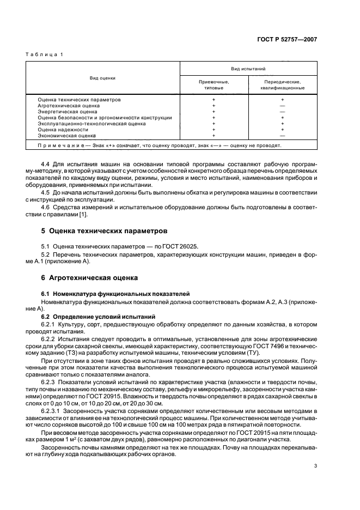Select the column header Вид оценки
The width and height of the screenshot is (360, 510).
tap(103, 78)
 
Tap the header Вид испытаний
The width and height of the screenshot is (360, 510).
tap(248, 69)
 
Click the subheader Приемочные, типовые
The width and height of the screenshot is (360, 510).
tap(213, 84)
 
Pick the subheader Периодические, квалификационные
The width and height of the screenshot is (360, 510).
tap(282, 84)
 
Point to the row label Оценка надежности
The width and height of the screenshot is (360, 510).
tap(63, 130)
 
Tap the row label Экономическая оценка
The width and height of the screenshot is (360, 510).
tap(66, 136)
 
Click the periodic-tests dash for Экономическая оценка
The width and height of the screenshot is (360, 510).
tap(282, 136)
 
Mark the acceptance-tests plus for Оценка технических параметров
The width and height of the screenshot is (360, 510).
tap(213, 99)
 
